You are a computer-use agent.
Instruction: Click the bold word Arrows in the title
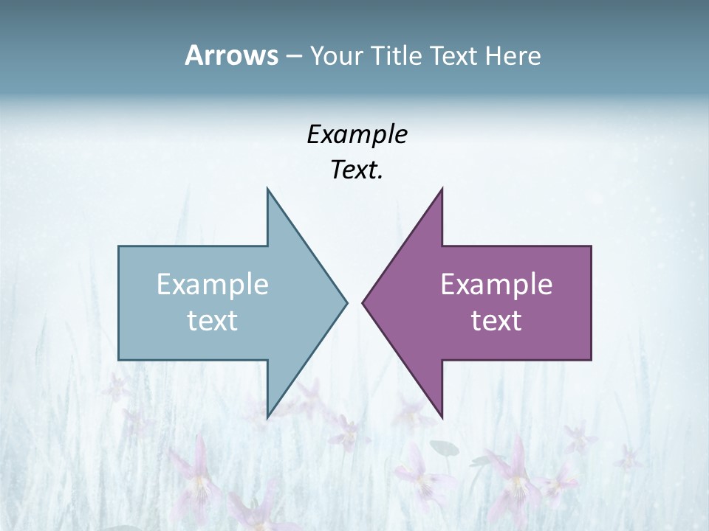[231, 55]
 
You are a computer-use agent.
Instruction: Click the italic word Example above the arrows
[357, 134]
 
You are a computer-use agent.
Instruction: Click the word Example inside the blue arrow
[213, 285]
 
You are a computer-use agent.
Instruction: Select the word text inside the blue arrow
[213, 321]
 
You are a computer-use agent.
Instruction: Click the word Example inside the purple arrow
[496, 285]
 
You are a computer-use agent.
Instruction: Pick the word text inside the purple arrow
[496, 321]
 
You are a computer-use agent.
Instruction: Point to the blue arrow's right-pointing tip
[346, 302]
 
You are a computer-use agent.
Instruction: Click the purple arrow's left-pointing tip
[363, 302]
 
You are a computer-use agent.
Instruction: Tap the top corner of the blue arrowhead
[267, 189]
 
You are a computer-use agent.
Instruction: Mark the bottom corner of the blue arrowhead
[267, 417]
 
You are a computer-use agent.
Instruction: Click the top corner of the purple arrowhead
[442, 189]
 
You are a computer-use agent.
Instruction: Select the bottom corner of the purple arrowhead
[442, 417]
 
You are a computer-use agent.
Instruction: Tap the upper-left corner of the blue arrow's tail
[119, 246]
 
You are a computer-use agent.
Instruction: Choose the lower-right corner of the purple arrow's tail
[591, 360]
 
